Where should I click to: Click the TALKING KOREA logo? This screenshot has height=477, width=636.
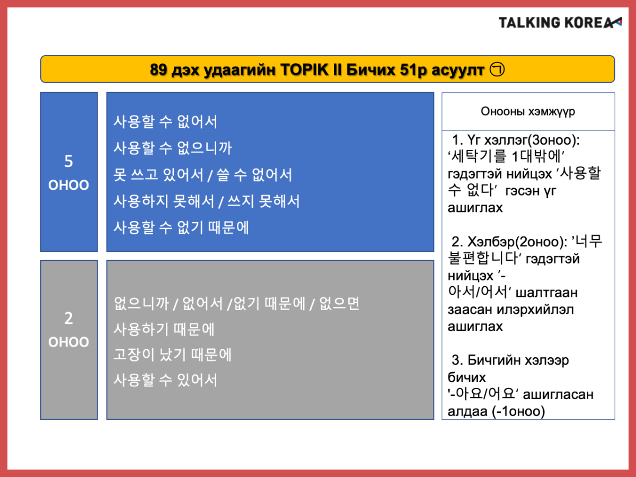[560, 23]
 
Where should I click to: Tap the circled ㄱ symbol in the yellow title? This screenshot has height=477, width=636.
[497, 69]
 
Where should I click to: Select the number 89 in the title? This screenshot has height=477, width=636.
[158, 70]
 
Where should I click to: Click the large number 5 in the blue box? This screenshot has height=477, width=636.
[69, 161]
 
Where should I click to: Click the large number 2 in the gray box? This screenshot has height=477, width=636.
[69, 318]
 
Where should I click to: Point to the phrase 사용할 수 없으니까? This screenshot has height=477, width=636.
[173, 148]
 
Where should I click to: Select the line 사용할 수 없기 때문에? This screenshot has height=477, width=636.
[181, 227]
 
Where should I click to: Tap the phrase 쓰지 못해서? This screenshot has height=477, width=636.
[263, 201]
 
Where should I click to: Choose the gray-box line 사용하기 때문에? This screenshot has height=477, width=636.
[164, 329]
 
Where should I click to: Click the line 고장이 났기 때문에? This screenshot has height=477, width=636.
[172, 355]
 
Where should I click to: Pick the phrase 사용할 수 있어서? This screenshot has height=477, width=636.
[165, 380]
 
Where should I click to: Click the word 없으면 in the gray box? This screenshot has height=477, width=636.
[340, 304]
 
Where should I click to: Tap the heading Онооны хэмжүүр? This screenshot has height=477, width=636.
[528, 111]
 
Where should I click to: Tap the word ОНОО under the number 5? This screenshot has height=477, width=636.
[69, 185]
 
